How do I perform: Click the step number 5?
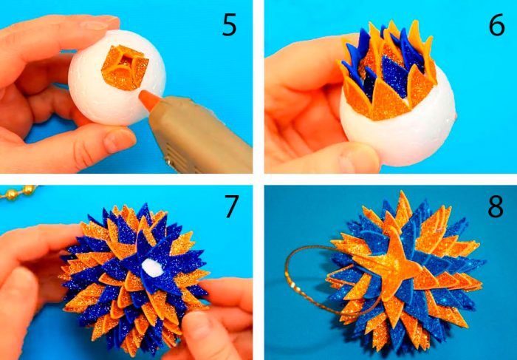click(x=230, y=25)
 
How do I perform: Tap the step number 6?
click(x=496, y=25)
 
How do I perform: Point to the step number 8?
click(x=496, y=206)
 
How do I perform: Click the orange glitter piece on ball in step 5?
click(x=125, y=68)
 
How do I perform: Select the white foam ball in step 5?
click(x=117, y=78)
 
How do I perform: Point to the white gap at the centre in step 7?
click(x=152, y=268)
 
